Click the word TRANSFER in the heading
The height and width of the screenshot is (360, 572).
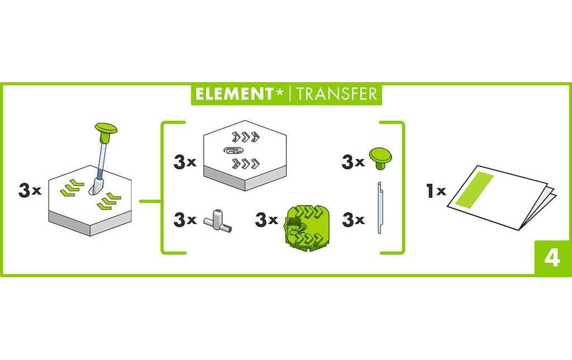337,93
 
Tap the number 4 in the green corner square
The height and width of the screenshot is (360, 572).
552,258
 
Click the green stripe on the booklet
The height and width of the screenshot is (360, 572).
475,190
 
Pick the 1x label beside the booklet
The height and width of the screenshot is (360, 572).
436,191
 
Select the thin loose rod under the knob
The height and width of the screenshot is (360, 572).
380,207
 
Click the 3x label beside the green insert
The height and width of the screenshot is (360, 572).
266,220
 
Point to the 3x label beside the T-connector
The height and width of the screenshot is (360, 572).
185,220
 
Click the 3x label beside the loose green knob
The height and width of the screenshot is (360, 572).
352,163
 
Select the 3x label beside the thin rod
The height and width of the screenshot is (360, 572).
352,220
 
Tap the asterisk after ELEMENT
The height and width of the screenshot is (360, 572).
280,91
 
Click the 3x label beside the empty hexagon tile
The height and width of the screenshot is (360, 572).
185,163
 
